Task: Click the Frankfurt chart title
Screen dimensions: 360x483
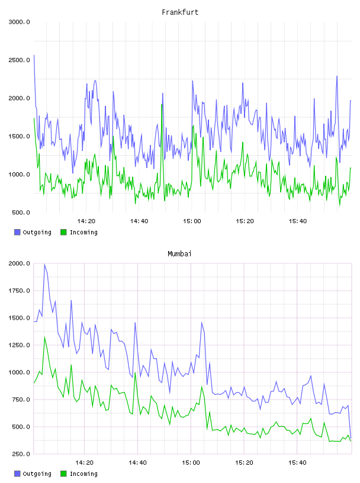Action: pos(180,12)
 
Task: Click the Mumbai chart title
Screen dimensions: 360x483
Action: pos(179,254)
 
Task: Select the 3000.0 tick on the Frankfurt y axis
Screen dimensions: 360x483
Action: pos(19,22)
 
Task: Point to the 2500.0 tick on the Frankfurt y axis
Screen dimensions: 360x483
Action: pos(19,60)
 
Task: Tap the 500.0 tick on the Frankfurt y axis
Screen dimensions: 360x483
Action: pos(21,212)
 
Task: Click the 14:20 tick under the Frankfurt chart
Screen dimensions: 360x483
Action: pos(86,221)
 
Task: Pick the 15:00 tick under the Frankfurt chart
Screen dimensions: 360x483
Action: pos(192,221)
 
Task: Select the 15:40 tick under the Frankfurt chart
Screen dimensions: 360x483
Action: pos(297,221)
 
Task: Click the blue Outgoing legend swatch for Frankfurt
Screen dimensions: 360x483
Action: pos(17,232)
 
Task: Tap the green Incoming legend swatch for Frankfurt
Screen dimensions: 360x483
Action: pos(63,232)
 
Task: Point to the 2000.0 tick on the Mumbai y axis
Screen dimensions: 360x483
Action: pos(19,263)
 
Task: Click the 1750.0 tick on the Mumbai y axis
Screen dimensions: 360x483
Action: pos(19,291)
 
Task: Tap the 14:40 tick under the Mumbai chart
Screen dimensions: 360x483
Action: pos(137,463)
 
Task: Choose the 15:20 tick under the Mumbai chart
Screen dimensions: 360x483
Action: pos(244,463)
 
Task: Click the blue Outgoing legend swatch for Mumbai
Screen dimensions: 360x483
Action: pos(17,474)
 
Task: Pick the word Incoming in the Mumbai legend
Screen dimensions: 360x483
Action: pos(83,474)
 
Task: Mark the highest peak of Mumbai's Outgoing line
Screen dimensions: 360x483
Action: pos(44,264)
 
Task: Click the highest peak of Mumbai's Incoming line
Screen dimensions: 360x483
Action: pos(44,337)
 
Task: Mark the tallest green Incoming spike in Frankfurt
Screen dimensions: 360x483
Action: pos(162,105)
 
